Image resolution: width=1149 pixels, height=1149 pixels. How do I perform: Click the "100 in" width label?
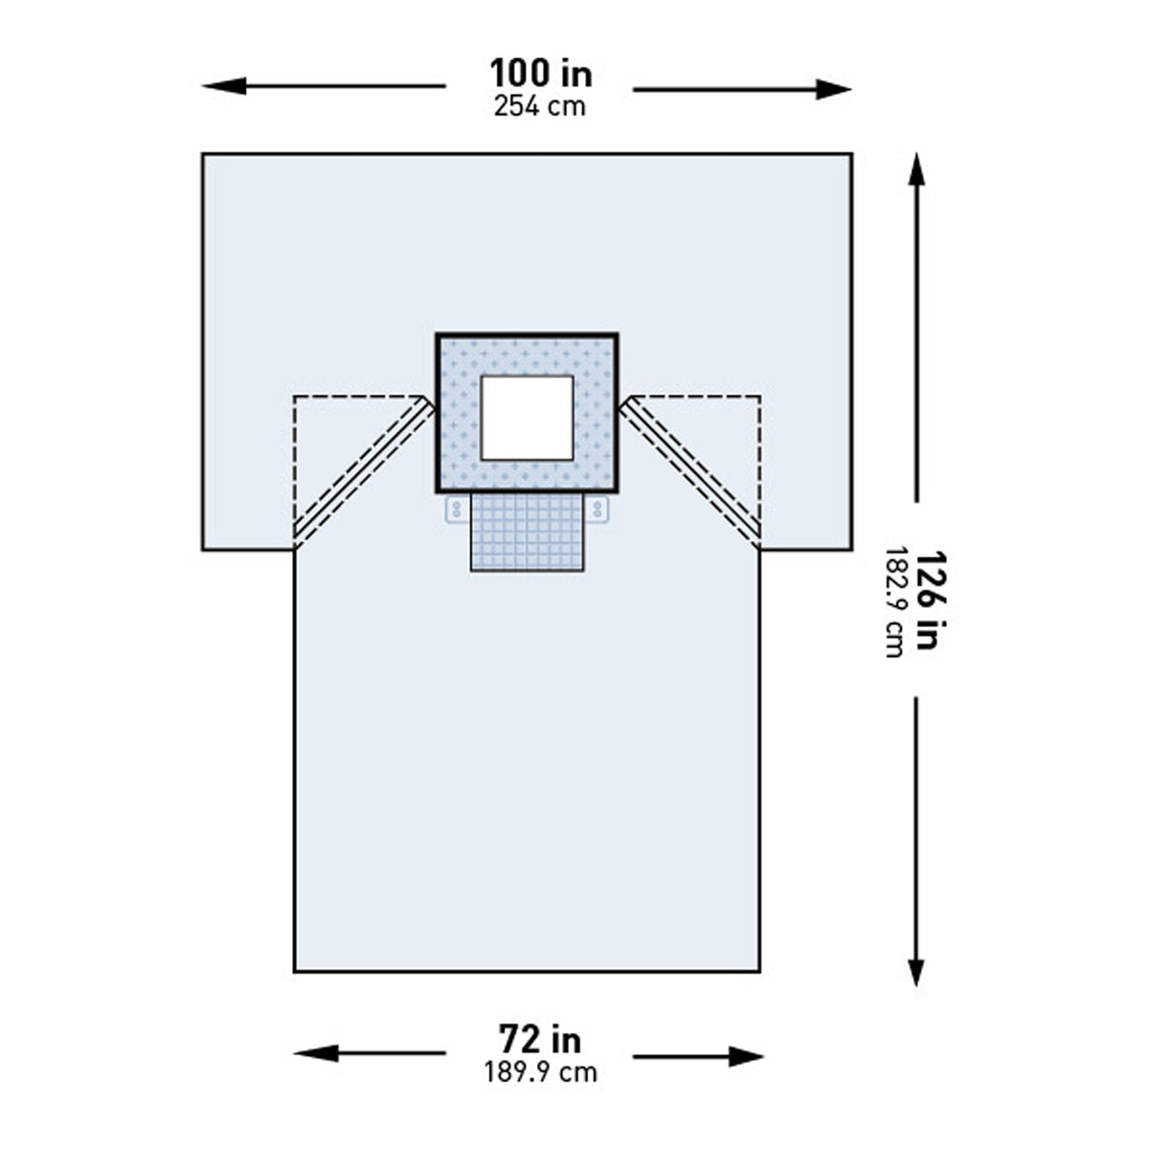point(540,74)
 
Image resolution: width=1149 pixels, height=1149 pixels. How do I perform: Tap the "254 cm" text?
point(539,106)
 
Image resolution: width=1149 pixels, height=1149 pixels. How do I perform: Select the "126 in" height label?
point(925,600)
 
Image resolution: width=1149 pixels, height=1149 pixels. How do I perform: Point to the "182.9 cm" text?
point(894,601)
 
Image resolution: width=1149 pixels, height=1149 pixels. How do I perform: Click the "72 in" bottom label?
point(539,1039)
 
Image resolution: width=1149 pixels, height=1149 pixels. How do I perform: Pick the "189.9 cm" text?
point(540,1071)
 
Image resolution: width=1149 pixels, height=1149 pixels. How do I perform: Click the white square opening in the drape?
point(527,417)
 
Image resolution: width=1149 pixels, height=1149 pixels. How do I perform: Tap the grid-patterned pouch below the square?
point(527,533)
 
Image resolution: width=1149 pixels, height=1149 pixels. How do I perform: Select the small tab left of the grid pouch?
point(457,508)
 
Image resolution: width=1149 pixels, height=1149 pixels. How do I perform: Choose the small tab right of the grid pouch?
point(598,508)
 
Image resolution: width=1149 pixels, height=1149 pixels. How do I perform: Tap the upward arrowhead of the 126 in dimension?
point(916,169)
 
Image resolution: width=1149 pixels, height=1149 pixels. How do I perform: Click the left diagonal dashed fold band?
point(362,471)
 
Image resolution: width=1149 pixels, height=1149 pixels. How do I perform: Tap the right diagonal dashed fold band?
point(691,471)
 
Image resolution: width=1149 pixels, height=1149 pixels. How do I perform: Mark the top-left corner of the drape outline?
point(203,154)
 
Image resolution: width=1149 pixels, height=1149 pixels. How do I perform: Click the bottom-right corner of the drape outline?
point(759,971)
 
